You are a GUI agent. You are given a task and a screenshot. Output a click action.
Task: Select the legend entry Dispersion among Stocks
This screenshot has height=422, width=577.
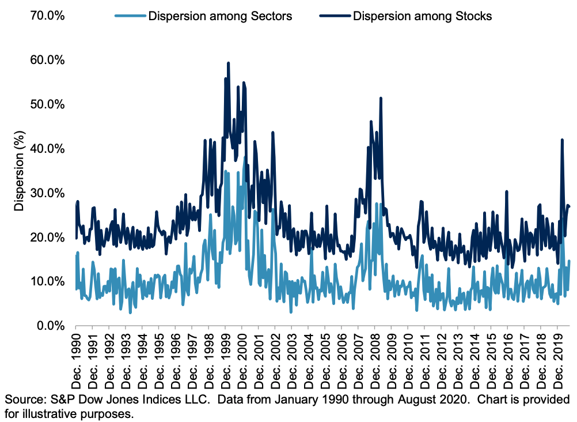tap(422, 16)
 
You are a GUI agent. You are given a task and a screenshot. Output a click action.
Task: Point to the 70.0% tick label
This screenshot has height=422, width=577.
tap(47, 16)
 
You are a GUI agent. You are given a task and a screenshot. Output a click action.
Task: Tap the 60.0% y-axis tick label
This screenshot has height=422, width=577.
tap(47, 60)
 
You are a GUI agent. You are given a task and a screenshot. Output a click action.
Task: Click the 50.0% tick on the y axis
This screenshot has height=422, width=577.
tap(47, 104)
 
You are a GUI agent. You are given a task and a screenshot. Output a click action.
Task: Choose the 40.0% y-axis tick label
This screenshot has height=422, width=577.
tap(47, 149)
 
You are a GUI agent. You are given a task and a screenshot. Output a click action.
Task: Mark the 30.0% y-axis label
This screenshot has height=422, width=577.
tap(47, 193)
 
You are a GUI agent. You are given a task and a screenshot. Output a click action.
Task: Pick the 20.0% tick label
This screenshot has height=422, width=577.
tap(47, 237)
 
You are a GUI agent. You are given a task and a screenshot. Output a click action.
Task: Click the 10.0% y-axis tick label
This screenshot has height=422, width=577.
tap(47, 281)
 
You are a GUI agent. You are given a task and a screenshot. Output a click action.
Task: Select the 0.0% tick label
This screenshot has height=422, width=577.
tap(49, 326)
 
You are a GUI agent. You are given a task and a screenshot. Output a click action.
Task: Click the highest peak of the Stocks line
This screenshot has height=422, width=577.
tap(229, 63)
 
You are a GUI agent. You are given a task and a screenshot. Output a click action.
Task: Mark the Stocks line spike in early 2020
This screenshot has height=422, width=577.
tap(562, 140)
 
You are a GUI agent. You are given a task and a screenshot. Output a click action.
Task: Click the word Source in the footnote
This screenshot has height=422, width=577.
tap(22, 400)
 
